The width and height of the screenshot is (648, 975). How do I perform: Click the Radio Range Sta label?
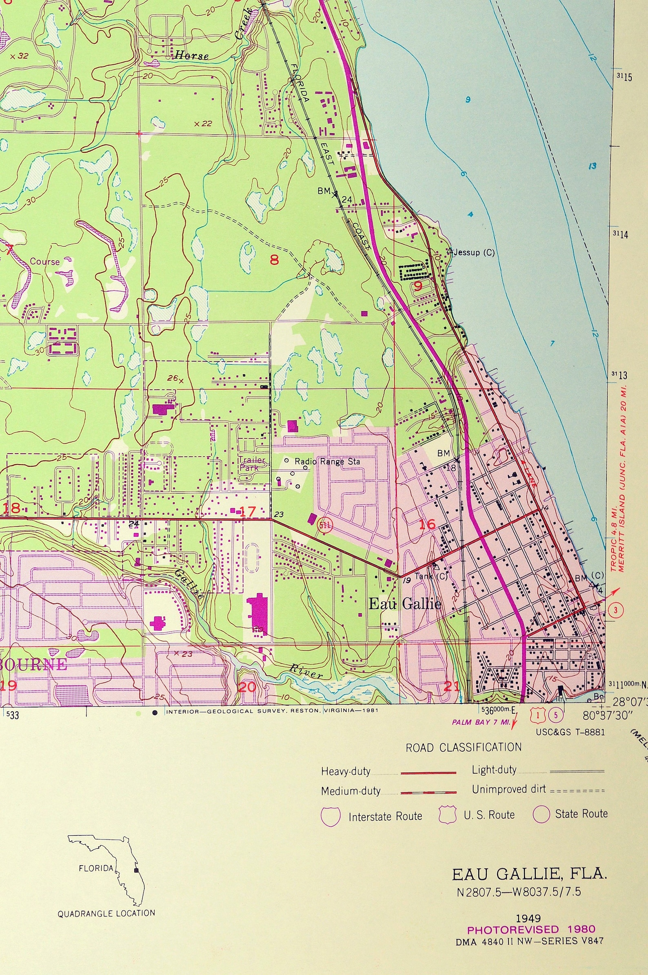pos(327,461)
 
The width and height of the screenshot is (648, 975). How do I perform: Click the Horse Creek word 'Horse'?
pos(191,56)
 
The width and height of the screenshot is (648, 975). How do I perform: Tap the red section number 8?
pos(274,260)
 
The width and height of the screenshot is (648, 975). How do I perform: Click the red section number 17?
pos(248,512)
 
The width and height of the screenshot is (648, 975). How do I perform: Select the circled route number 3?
pos(615,610)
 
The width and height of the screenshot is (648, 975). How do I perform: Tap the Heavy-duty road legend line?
pos(428,772)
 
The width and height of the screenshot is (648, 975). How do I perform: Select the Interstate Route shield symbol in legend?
pos(331,816)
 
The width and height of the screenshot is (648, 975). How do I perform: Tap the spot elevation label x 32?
pos(19,56)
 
